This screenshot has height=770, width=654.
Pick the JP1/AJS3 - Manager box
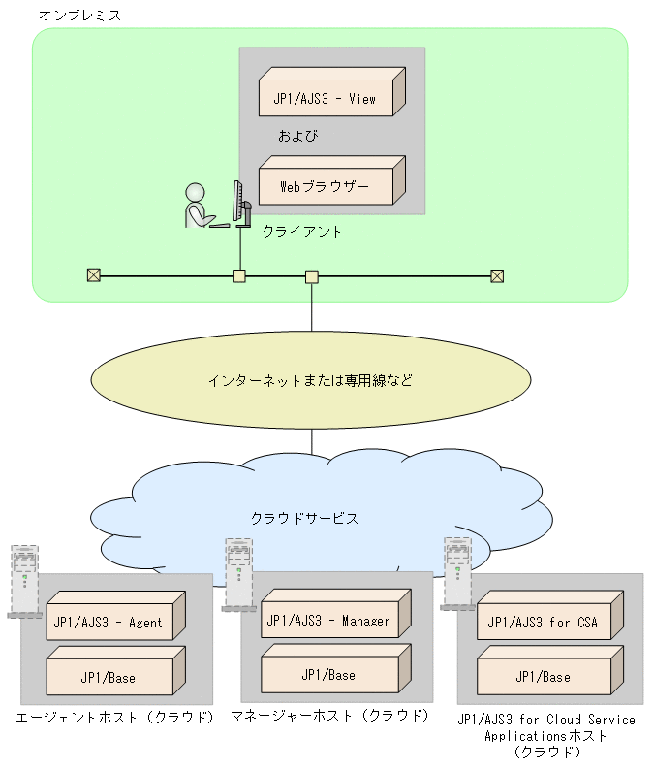327,620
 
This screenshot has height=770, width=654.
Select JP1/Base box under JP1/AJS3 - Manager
327,674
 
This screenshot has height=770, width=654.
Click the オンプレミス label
79,16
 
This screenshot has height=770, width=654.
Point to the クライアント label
301,233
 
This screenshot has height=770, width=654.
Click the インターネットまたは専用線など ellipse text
310,380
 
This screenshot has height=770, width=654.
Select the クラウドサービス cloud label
304,518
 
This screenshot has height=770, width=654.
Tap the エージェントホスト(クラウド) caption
114,719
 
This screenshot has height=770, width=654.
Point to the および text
298,136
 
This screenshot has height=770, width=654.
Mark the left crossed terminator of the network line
94,275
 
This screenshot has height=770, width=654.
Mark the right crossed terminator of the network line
497,275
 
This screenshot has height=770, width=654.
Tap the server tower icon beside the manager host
237,574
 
